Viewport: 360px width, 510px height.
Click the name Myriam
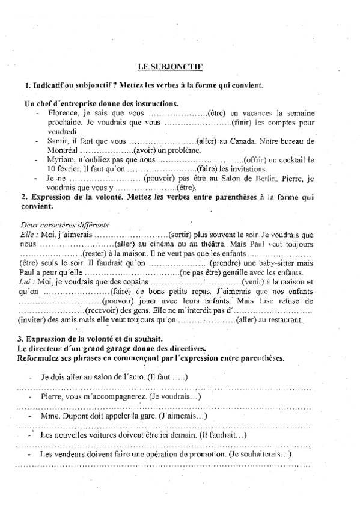(61, 159)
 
